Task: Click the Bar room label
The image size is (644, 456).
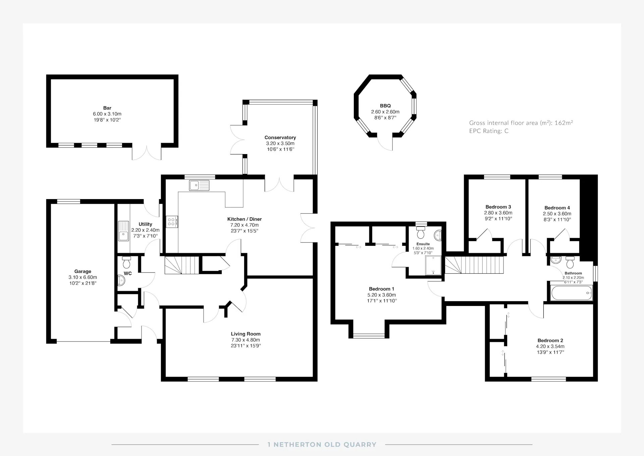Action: (x=107, y=108)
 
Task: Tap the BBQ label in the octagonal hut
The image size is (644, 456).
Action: (x=385, y=106)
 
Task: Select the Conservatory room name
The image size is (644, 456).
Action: (x=280, y=137)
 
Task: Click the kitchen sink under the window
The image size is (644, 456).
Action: (x=199, y=185)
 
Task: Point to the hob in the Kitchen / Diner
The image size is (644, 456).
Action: (x=172, y=222)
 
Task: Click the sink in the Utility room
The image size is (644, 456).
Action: (x=123, y=231)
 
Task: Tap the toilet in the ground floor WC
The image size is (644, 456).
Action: (x=126, y=262)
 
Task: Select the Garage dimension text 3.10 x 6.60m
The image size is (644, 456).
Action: (x=83, y=277)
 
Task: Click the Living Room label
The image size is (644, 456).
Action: (x=246, y=334)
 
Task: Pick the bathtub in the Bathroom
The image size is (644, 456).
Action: (x=572, y=293)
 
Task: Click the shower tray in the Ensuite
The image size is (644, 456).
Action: (x=434, y=265)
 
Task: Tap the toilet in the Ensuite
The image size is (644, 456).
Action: (x=421, y=232)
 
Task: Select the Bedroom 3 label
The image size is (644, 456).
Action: (x=498, y=207)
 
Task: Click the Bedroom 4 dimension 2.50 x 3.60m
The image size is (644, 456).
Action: (x=557, y=214)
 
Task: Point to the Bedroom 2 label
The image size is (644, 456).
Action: (x=550, y=340)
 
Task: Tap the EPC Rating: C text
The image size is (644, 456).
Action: (x=489, y=131)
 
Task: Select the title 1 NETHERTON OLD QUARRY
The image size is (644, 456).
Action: (x=322, y=445)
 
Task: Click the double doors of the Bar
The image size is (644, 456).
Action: (x=147, y=153)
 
